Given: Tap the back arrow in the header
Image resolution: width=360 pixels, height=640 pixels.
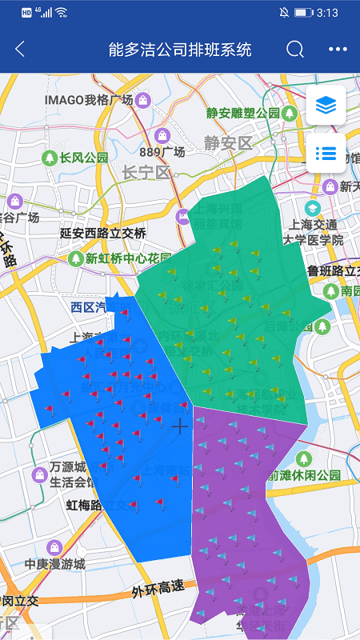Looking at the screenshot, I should (20, 49).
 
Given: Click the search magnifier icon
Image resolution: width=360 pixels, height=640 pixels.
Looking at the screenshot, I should (295, 49).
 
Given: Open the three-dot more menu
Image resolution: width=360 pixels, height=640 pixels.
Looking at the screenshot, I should (338, 49).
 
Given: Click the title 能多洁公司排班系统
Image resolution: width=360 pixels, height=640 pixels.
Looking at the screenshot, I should (180, 49).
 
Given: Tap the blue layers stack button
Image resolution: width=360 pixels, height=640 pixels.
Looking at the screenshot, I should (326, 105).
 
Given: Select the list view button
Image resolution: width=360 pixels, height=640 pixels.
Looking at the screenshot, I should (326, 153).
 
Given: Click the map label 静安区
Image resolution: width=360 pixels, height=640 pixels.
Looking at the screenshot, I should (228, 143).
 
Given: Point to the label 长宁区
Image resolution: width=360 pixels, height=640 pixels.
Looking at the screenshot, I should (147, 173).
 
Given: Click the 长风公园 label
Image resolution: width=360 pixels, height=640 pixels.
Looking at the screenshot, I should (83, 158).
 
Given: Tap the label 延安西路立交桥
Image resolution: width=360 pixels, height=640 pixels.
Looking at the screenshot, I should (103, 234).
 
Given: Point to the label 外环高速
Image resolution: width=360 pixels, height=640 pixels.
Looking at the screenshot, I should (158, 590).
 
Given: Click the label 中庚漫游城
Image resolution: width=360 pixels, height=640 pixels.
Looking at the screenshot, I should (54, 564).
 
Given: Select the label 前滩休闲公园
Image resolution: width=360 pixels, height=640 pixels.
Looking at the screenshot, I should (315, 474).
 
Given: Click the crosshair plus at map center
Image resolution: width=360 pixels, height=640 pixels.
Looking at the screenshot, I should (180, 426).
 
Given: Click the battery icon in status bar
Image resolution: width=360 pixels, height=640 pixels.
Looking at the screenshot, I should (303, 13).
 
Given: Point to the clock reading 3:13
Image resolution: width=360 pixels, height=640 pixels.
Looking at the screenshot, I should (327, 13).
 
